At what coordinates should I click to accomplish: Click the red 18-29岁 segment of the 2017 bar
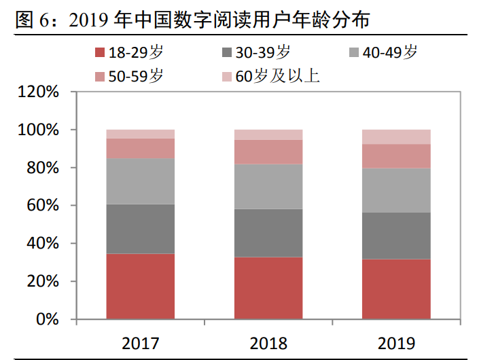click(x=140, y=286)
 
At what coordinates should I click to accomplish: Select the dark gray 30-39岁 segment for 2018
click(x=268, y=233)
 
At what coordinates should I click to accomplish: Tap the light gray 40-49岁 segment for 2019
click(x=396, y=190)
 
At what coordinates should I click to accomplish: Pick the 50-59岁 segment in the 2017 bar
click(x=140, y=148)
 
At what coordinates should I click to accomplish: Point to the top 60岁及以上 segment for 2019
click(x=396, y=137)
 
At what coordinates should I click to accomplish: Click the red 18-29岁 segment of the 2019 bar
click(x=396, y=289)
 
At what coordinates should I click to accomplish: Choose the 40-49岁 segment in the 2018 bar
click(x=268, y=186)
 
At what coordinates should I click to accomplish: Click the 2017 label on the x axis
click(x=140, y=342)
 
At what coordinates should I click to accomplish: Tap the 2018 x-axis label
click(x=268, y=342)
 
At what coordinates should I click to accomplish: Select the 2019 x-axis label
click(x=396, y=342)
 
